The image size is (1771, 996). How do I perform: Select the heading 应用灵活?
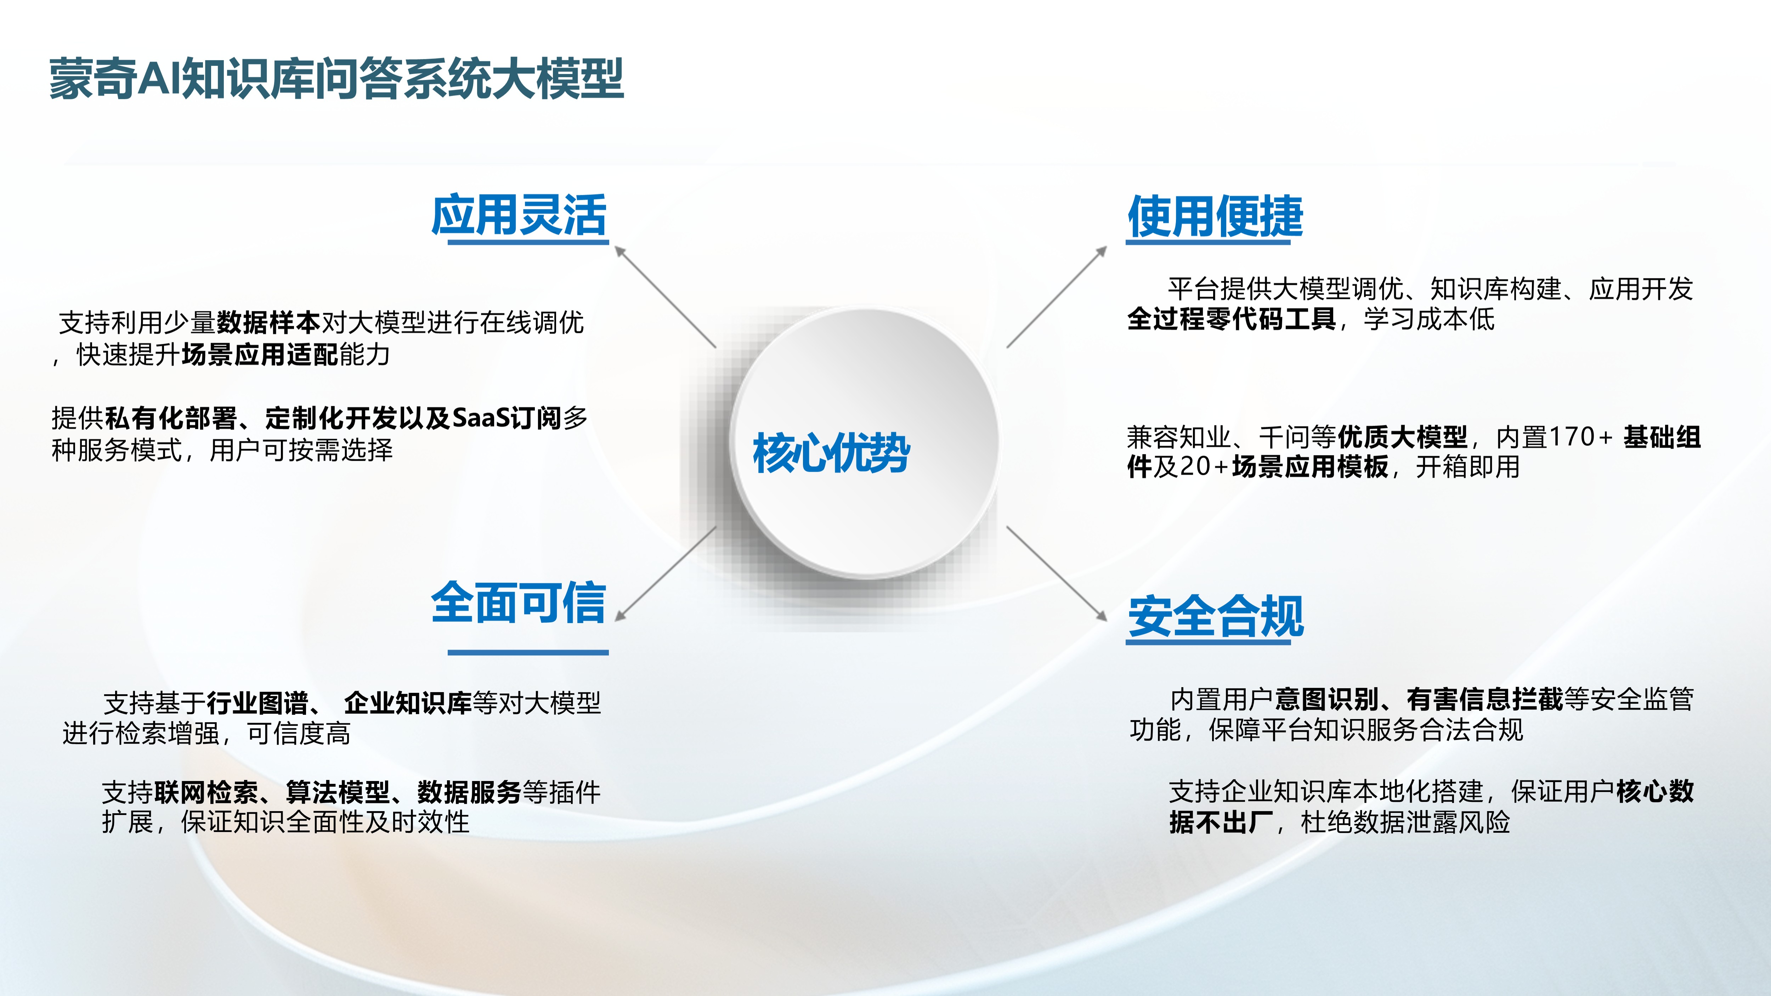click(519, 215)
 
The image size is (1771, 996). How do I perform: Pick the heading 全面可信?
click(519, 603)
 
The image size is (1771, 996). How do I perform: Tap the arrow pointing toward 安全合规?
click(1057, 574)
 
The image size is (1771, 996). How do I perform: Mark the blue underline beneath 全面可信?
click(528, 652)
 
